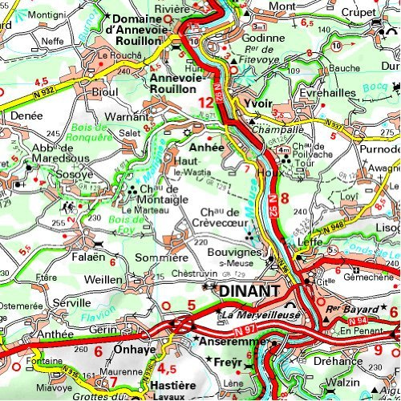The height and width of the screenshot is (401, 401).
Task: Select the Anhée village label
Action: (205, 148)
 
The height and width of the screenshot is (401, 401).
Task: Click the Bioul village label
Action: (106, 93)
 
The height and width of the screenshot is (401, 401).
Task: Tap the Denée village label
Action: (27, 116)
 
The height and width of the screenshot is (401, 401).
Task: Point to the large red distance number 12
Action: (206, 103)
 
